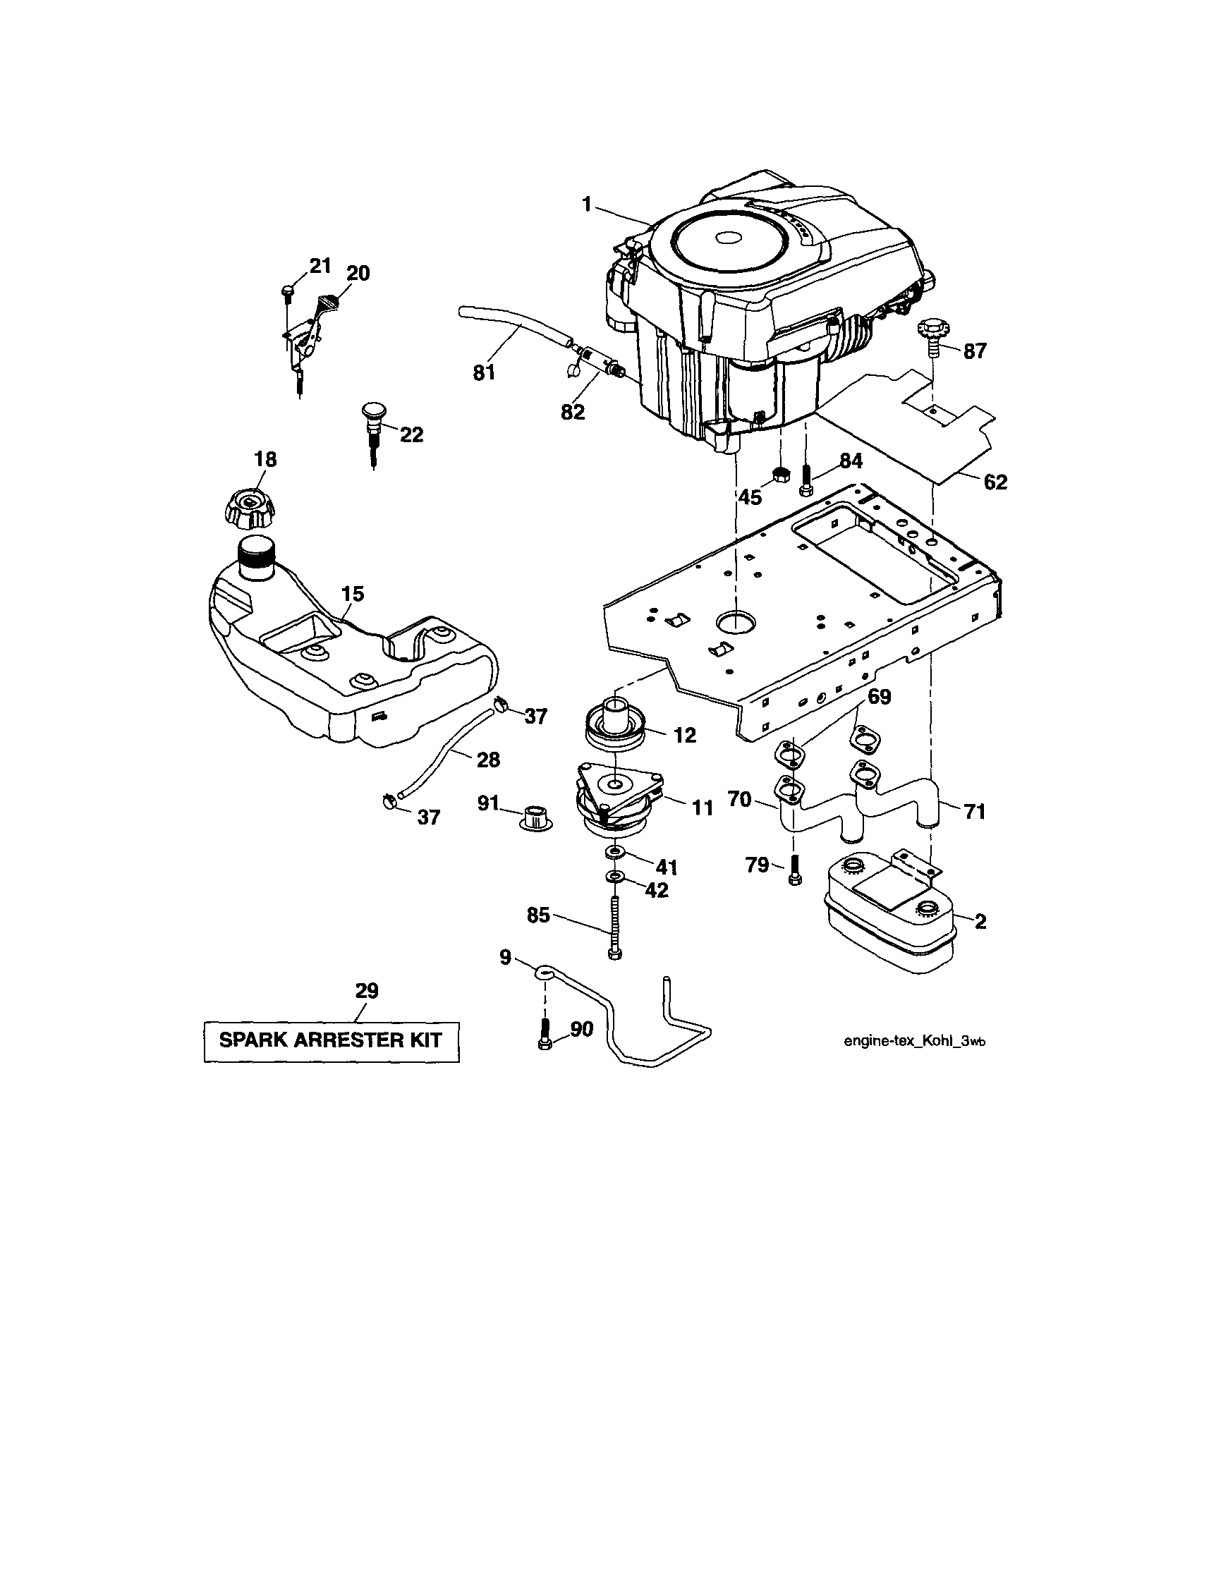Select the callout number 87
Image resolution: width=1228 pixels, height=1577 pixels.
[974, 351]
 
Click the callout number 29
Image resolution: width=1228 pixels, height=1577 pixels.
[367, 991]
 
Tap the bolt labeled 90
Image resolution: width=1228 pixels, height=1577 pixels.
[546, 1035]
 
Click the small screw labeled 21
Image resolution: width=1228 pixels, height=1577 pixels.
[286, 291]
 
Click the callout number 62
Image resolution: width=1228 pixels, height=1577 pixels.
[995, 482]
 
